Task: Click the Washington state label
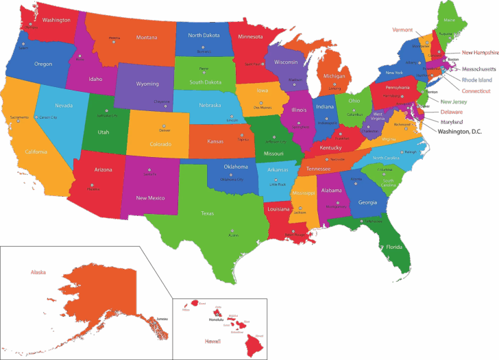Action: [56, 20]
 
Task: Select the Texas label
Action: [207, 213]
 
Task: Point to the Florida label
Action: [393, 247]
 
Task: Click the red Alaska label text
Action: [38, 272]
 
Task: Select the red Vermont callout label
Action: [402, 29]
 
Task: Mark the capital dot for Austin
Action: [232, 230]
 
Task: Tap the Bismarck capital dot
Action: [204, 47]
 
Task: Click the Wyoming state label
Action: [147, 84]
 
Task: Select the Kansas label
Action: [215, 141]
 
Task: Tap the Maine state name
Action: [449, 20]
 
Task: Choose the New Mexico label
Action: [150, 197]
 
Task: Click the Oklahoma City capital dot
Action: [231, 175]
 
